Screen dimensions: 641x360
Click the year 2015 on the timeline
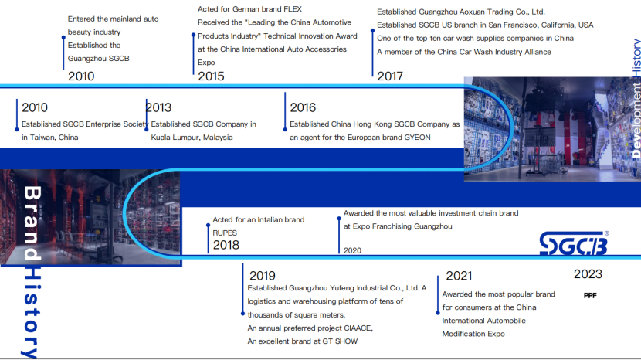click(x=211, y=76)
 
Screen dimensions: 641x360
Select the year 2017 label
click(x=390, y=76)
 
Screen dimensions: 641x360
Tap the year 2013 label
click(x=158, y=107)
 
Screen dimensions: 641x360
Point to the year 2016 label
click(x=303, y=107)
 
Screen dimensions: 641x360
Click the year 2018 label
click(x=226, y=245)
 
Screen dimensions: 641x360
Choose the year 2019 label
click(x=263, y=276)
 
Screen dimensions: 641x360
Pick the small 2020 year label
click(x=352, y=250)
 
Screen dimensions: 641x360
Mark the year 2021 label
click(x=459, y=276)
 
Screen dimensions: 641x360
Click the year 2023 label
click(x=588, y=274)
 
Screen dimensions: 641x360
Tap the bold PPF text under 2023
click(x=590, y=295)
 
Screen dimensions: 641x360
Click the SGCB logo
click(x=574, y=243)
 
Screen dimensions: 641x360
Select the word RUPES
click(x=225, y=233)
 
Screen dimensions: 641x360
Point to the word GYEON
click(x=417, y=138)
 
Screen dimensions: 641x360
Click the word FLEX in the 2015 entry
click(x=293, y=9)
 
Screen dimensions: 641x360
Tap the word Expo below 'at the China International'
click(x=206, y=63)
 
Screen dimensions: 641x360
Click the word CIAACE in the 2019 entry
click(x=358, y=328)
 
